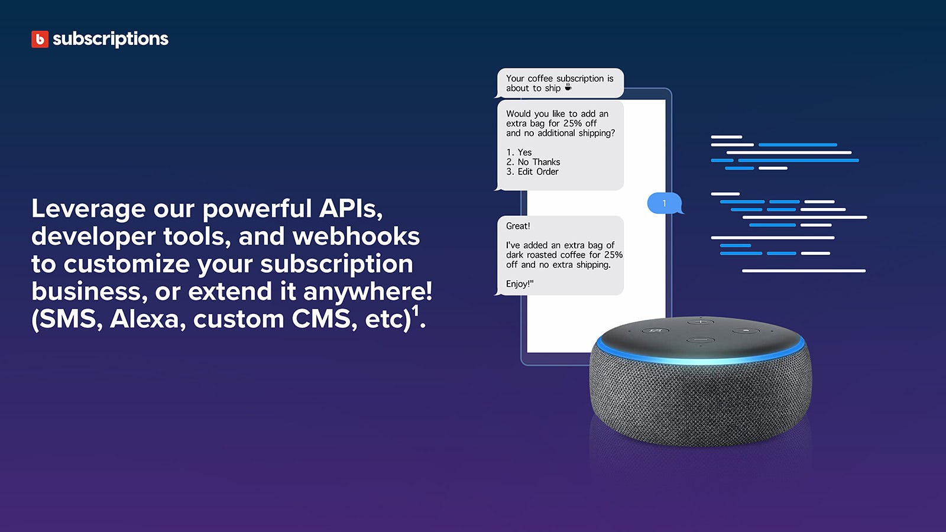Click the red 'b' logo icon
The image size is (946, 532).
pyautogui.click(x=40, y=39)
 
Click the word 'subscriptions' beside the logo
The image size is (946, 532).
pyautogui.click(x=111, y=39)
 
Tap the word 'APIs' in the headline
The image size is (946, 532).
pyautogui.click(x=351, y=209)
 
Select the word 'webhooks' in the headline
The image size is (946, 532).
pyautogui.click(x=356, y=236)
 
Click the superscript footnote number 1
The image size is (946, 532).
pyautogui.click(x=416, y=311)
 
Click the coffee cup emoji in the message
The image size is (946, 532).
pyautogui.click(x=568, y=87)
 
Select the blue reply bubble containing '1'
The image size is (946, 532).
pyautogui.click(x=665, y=203)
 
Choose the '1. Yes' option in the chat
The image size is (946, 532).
pyautogui.click(x=519, y=153)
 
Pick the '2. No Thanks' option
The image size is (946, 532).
pyautogui.click(x=533, y=162)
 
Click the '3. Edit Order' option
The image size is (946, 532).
pyautogui.click(x=532, y=172)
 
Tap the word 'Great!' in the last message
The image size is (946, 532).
pyautogui.click(x=518, y=226)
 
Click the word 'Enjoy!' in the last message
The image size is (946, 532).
pyautogui.click(x=519, y=284)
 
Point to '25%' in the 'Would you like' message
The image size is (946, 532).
pyautogui.click(x=572, y=124)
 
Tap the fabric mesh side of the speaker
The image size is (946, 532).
pyautogui.click(x=701, y=402)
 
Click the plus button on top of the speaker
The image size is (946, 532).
pyautogui.click(x=701, y=322)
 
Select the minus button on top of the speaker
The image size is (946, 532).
pyautogui.click(x=701, y=340)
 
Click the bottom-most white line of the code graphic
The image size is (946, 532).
pyautogui.click(x=804, y=271)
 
